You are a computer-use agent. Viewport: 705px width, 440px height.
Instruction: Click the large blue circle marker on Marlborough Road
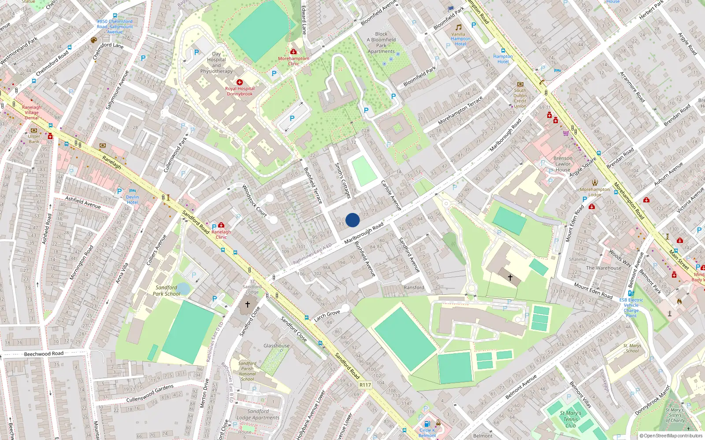tap(352, 220)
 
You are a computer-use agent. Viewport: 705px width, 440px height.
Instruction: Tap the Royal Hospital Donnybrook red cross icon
tap(240, 82)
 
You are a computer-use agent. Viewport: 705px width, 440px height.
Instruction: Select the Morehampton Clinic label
tap(293, 61)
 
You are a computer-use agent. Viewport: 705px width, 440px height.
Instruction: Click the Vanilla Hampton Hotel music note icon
tap(458, 27)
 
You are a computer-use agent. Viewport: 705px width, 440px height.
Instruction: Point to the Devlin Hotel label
tap(132, 200)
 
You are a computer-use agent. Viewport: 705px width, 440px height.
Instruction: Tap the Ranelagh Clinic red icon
tap(221, 225)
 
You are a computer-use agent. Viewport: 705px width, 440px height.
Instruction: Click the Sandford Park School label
tap(167, 290)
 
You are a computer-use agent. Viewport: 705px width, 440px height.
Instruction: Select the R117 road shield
tap(365, 385)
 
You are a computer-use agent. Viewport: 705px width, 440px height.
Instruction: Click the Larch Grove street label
tap(327, 315)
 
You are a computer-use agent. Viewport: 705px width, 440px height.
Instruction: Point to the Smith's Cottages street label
tap(342, 180)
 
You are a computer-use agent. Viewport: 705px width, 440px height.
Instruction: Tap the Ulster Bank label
tap(34, 139)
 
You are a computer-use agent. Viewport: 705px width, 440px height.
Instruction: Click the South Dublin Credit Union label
tap(520, 98)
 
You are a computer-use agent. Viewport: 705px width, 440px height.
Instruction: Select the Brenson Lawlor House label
tap(563, 164)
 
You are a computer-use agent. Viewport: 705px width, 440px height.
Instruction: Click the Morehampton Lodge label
tap(594, 192)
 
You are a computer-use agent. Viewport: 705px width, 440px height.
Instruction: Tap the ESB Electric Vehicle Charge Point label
tap(631, 308)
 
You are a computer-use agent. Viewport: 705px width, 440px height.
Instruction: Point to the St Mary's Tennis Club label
tap(571, 419)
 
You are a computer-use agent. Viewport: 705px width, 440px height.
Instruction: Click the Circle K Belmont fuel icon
tap(426, 424)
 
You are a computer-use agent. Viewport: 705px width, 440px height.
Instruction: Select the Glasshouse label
tap(277, 346)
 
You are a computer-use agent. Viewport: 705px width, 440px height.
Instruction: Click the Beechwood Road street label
tap(44, 354)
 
